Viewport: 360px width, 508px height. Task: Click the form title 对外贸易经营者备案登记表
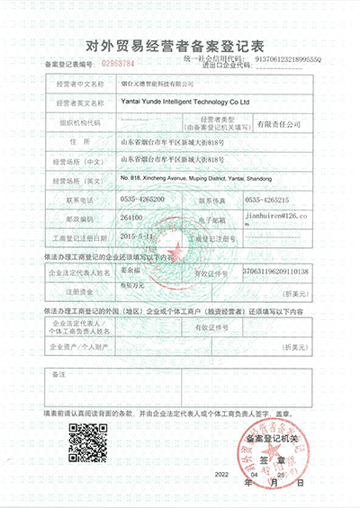coord(179,43)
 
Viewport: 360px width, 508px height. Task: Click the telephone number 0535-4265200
coord(150,199)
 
